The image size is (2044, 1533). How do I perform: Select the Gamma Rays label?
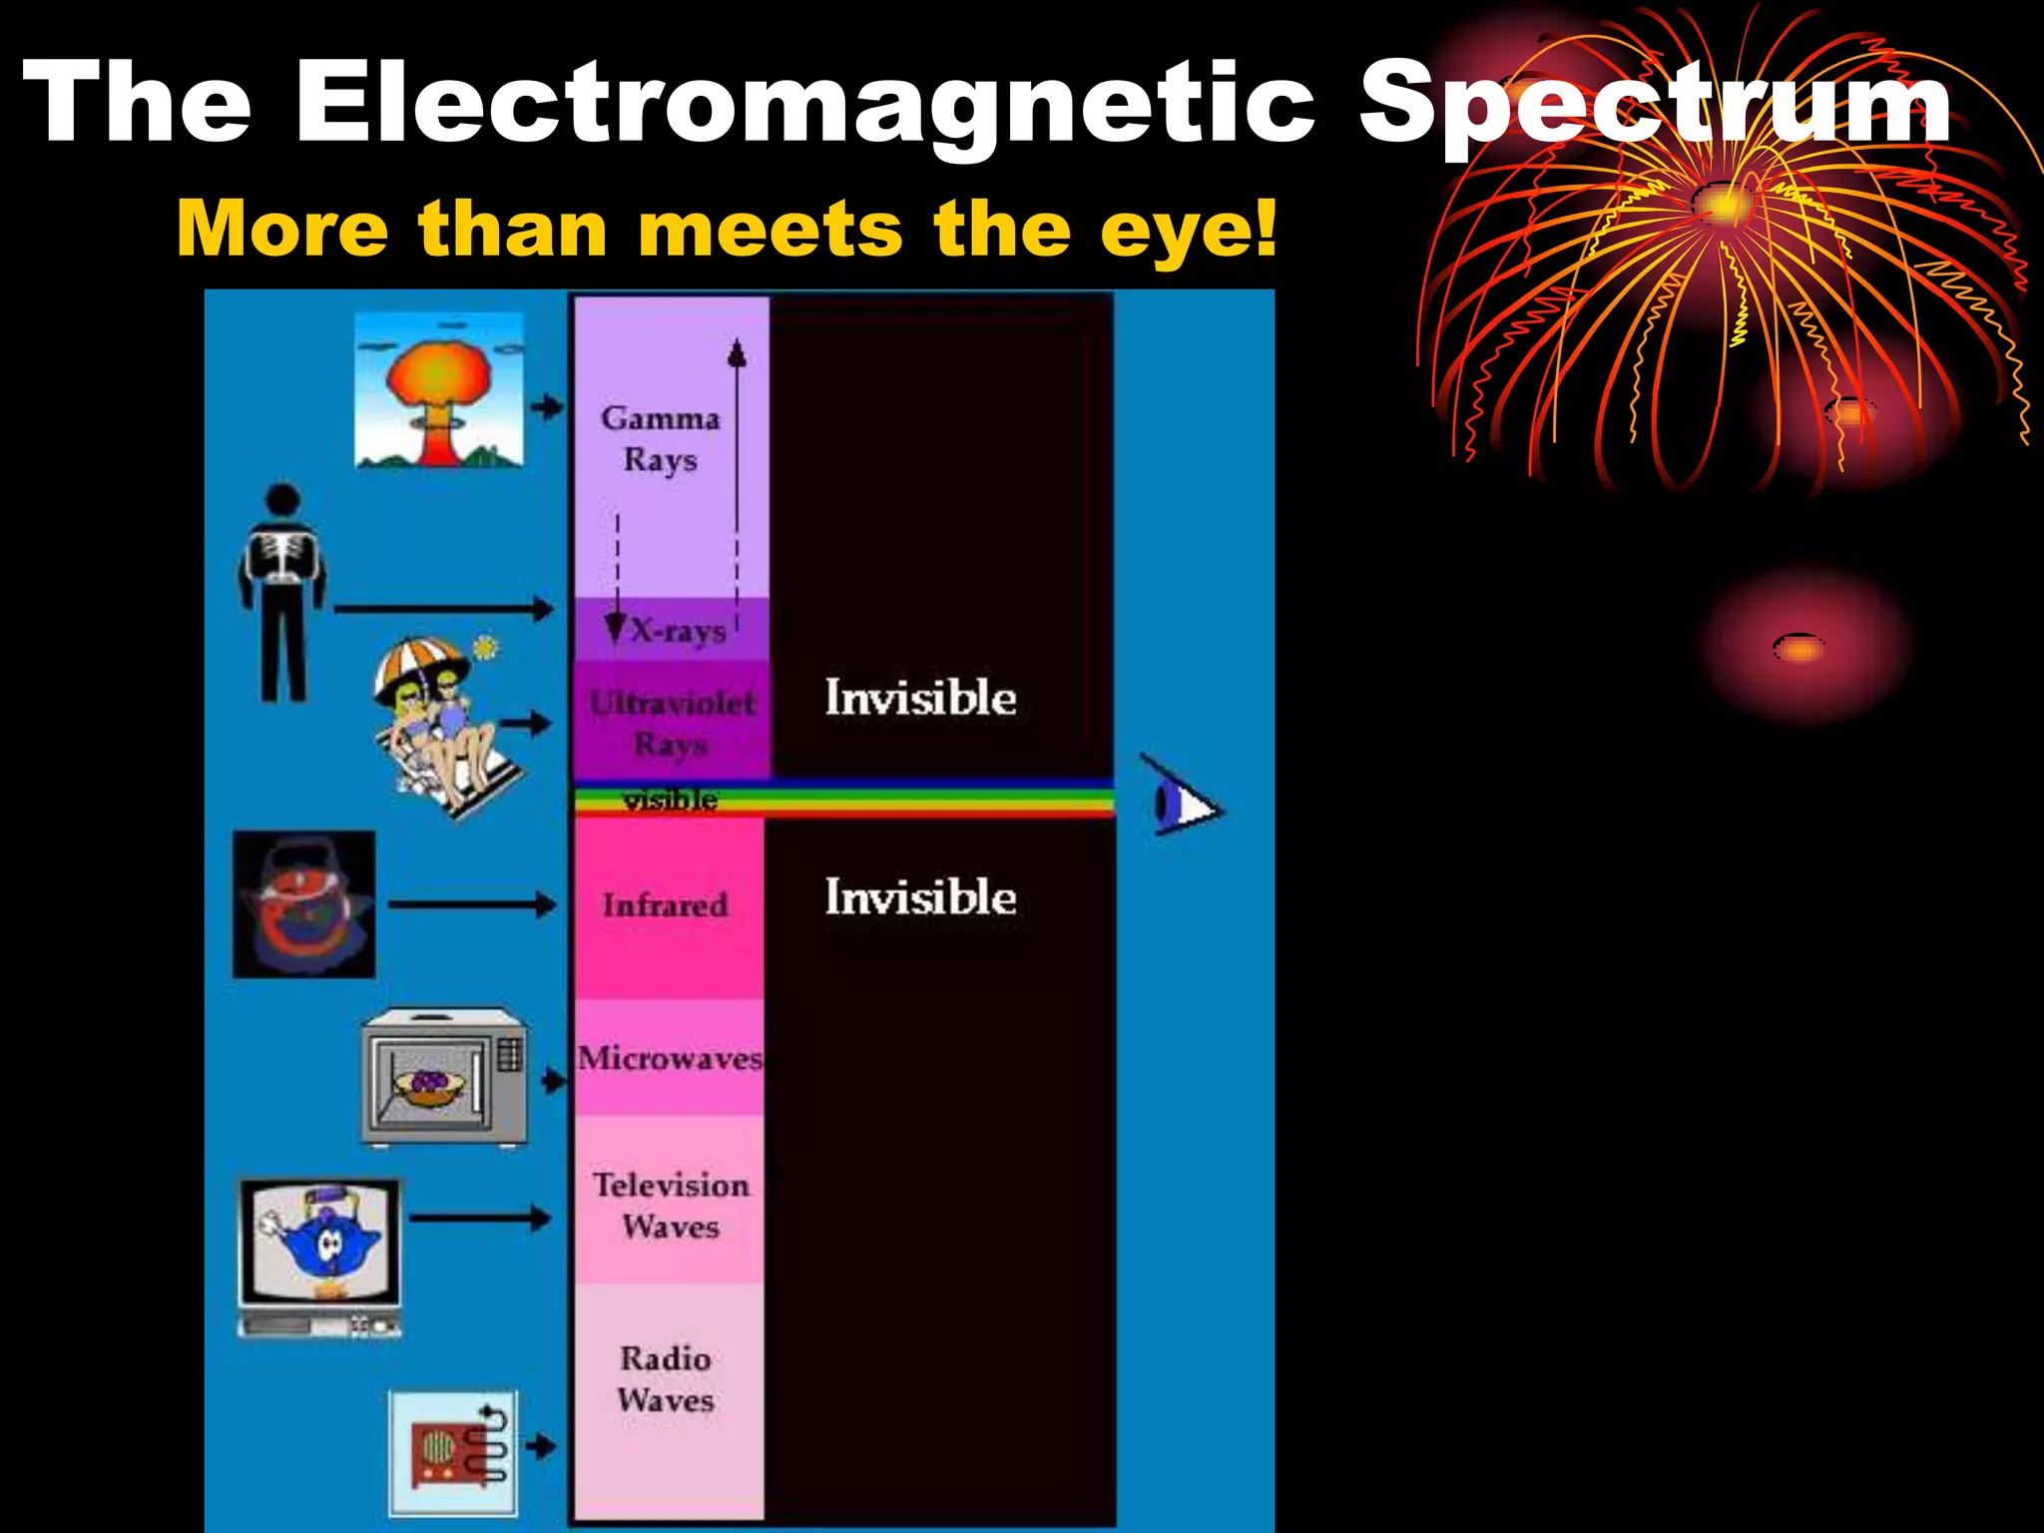(660, 439)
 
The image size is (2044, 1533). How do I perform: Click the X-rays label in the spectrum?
(679, 631)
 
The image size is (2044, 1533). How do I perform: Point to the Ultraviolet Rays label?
(671, 723)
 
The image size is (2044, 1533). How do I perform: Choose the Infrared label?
(665, 905)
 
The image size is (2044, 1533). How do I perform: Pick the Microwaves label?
(670, 1058)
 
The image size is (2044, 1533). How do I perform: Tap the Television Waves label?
(671, 1206)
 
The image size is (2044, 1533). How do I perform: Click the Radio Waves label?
(666, 1378)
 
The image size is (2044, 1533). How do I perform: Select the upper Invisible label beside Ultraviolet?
(920, 698)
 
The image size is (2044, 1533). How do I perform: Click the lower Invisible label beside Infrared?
(920, 897)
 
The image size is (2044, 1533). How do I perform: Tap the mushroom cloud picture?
(439, 389)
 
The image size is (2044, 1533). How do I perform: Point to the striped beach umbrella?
(419, 664)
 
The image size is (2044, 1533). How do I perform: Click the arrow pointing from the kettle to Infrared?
(472, 905)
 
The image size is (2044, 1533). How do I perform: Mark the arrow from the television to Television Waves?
(480, 1218)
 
